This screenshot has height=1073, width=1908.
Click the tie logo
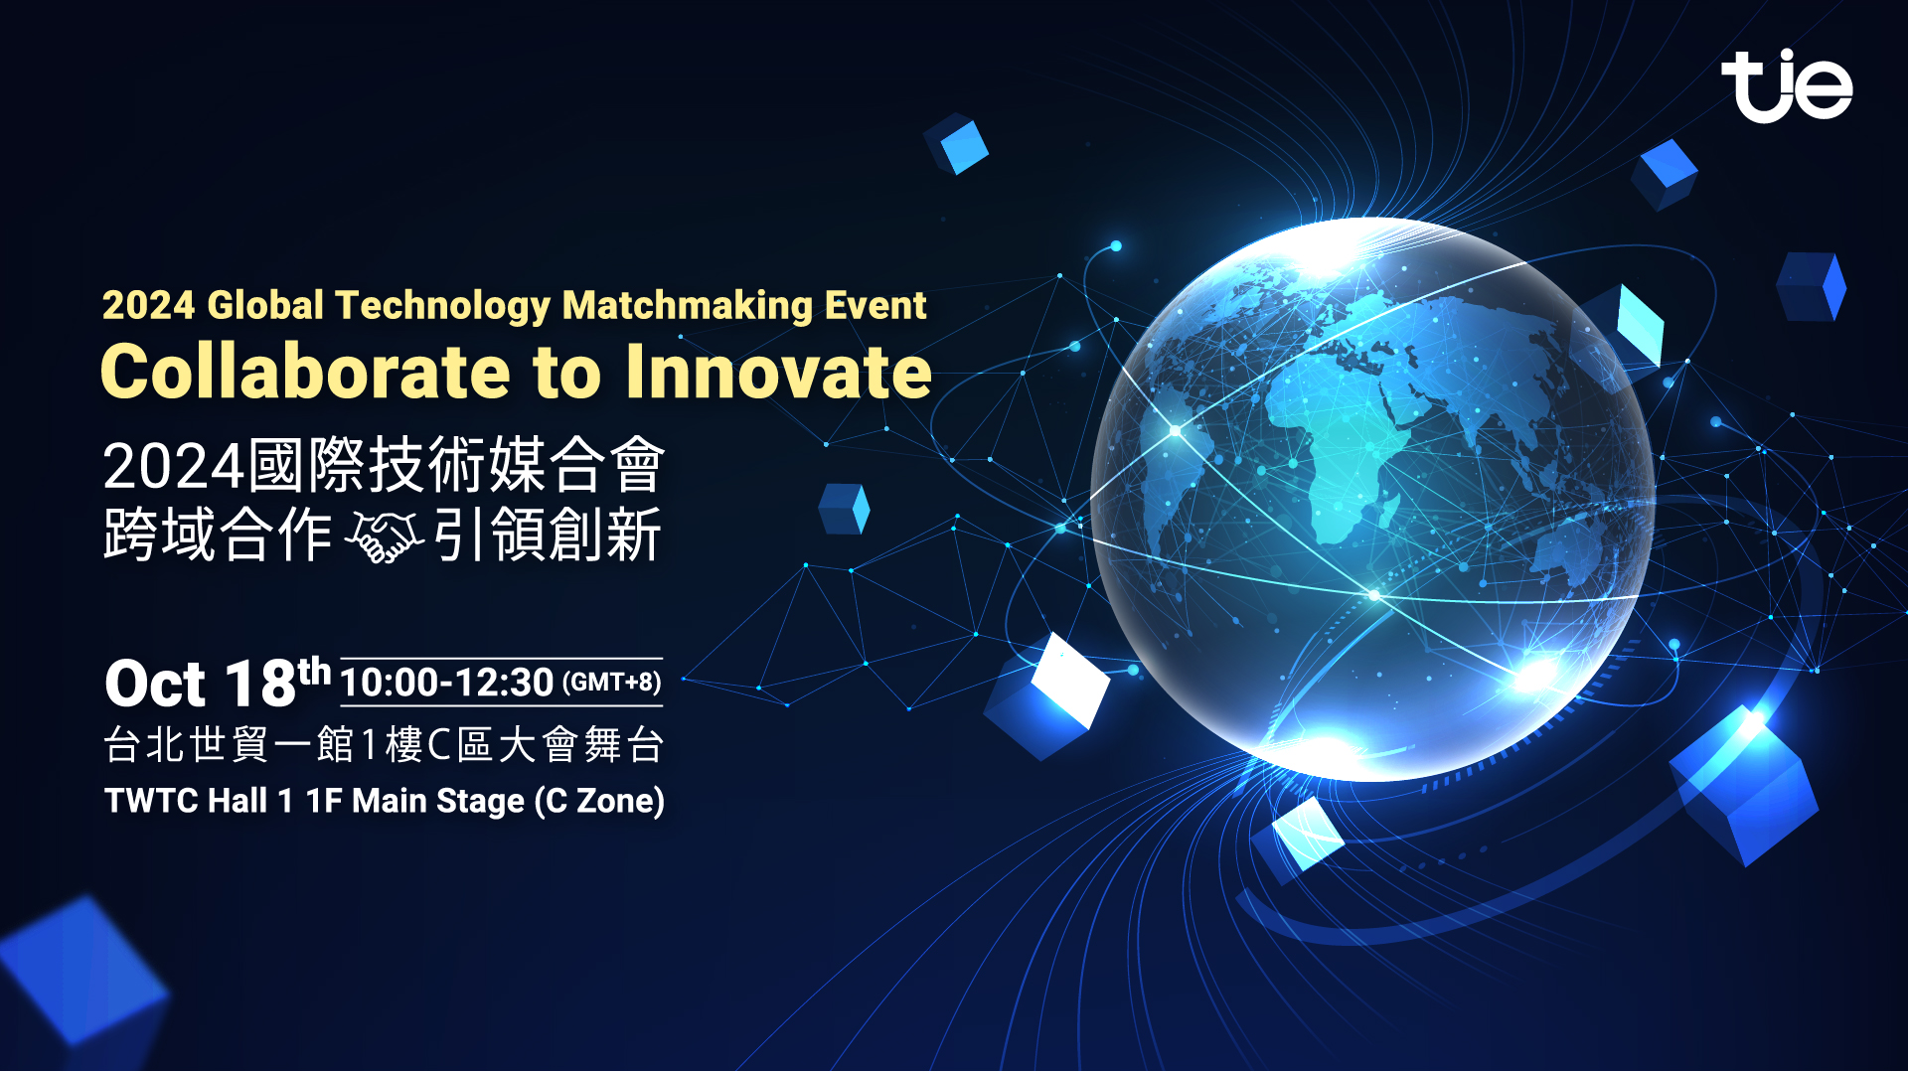click(1787, 85)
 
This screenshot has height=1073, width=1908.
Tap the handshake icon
click(384, 536)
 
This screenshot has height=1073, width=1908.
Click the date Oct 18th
click(218, 682)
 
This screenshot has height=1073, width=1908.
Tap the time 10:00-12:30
click(446, 683)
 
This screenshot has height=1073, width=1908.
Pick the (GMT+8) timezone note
click(611, 683)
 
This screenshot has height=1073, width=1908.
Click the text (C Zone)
click(599, 801)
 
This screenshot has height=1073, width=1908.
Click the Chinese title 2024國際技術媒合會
click(384, 465)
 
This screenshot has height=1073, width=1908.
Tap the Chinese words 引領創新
click(548, 536)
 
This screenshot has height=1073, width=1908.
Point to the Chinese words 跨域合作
click(218, 536)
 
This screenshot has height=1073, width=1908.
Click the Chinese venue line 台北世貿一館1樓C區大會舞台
click(384, 744)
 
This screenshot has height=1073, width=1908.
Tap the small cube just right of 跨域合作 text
click(844, 509)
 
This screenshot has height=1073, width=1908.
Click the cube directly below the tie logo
click(1665, 174)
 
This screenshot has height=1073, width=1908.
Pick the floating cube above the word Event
click(956, 144)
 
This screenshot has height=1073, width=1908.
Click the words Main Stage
click(438, 801)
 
